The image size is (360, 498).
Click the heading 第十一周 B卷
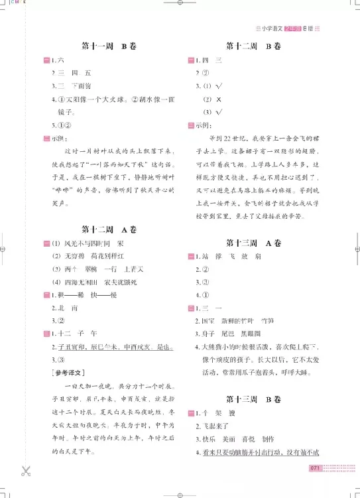(x=108, y=47)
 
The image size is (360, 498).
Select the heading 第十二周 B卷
(x=253, y=47)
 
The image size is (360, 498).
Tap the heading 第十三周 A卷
(x=253, y=243)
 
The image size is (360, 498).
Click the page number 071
(x=315, y=469)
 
